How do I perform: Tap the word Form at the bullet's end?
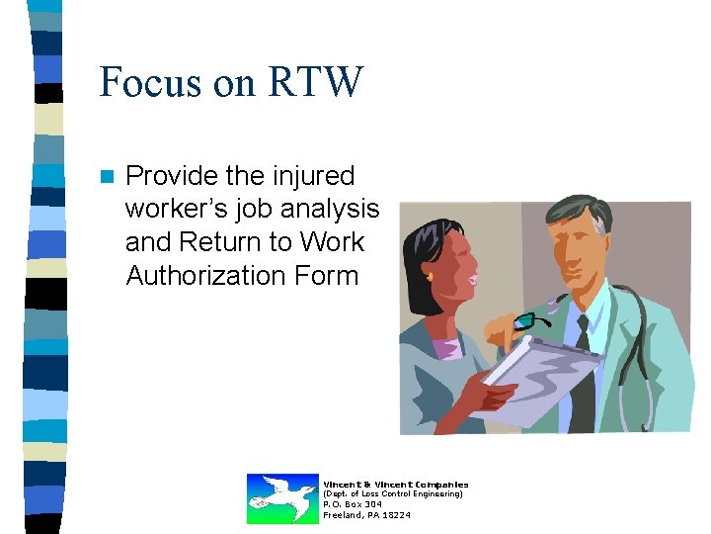(327, 275)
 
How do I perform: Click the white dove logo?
(281, 497)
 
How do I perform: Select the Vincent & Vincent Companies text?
(396, 484)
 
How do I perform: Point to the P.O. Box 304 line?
(353, 504)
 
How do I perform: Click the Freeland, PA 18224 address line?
(367, 515)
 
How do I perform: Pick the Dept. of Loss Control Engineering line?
(393, 493)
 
